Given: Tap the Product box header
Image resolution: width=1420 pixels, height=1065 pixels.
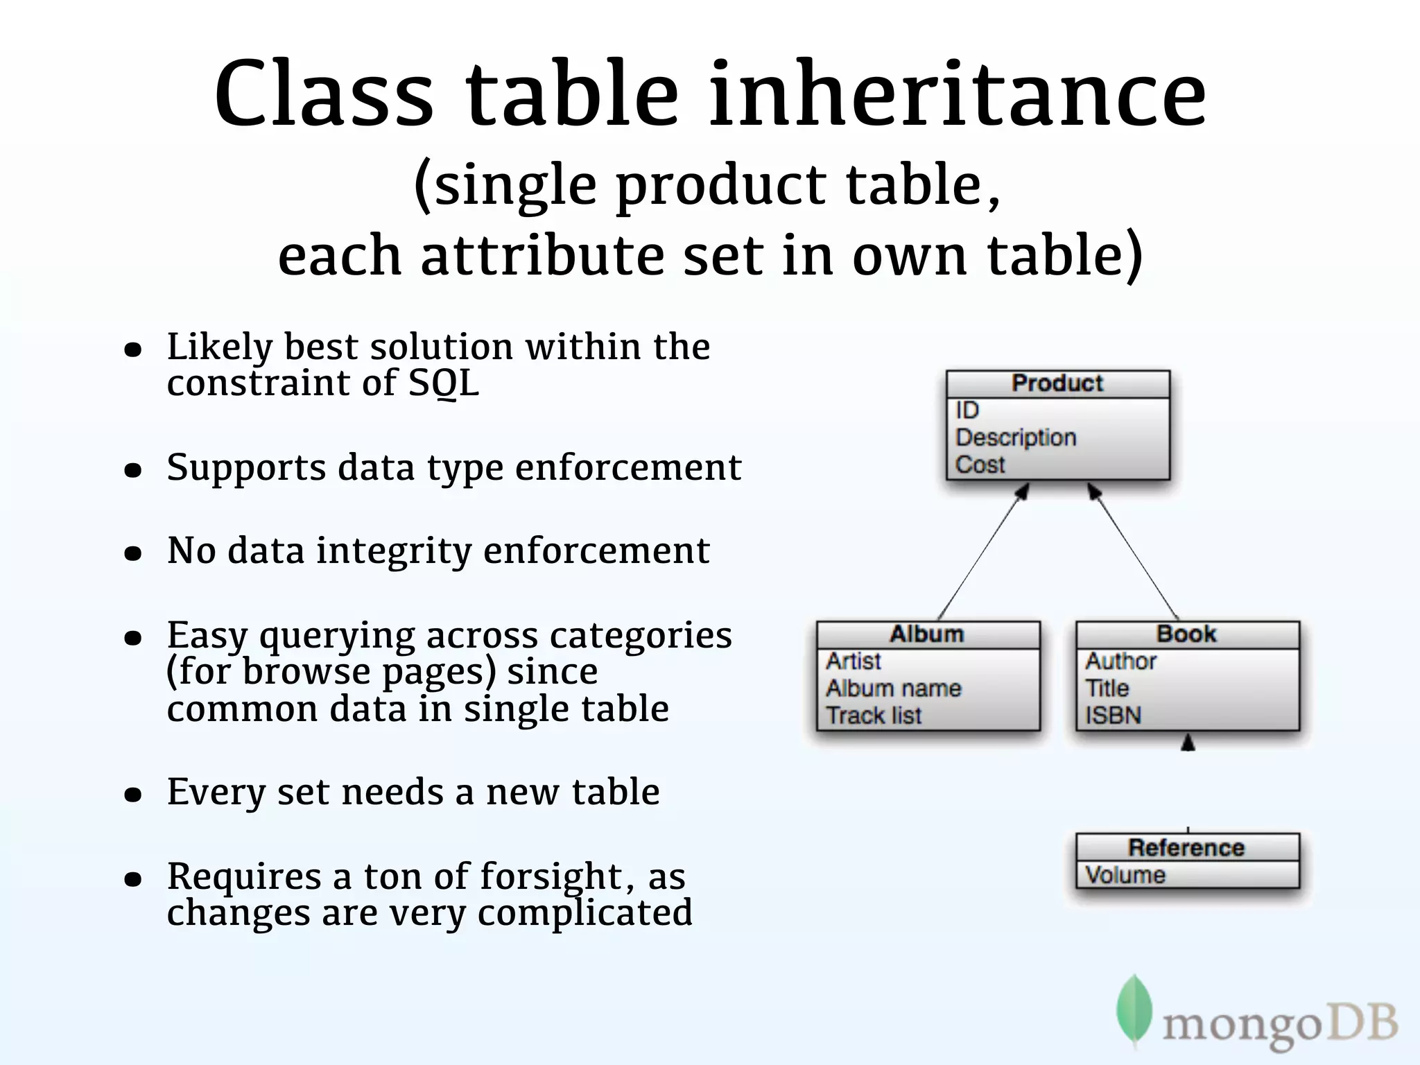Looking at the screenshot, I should [1057, 383].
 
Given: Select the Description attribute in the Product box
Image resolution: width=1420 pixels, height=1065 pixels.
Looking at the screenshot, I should [1016, 438].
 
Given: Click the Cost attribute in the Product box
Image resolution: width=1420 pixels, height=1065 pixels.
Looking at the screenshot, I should [980, 465].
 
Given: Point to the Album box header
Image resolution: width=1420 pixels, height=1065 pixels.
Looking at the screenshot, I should [927, 634].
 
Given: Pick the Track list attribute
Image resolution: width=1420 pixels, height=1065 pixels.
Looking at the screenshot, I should [874, 716].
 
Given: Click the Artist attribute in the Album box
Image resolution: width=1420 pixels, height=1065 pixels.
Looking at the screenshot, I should [854, 661].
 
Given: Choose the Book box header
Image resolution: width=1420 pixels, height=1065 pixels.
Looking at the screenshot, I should [1186, 634].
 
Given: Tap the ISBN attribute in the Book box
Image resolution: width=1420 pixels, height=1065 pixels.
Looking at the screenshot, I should [1113, 716].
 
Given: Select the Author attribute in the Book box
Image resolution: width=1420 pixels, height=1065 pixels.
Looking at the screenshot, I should [1120, 661].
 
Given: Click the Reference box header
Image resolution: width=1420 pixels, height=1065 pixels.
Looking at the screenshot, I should [1186, 847].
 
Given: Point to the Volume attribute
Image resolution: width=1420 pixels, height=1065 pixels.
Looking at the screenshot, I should [1125, 875].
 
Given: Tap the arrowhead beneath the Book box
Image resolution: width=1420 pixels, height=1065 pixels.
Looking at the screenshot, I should [1188, 743].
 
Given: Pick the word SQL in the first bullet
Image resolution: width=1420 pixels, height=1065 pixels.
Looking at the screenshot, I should [444, 383].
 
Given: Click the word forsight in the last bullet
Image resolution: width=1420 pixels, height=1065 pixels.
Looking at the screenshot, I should [552, 876].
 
